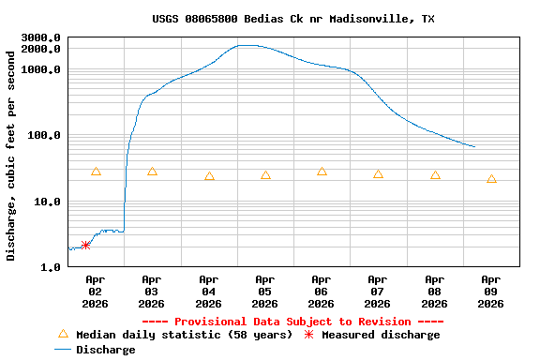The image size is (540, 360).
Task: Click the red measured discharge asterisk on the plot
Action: pyautogui.click(x=85, y=245)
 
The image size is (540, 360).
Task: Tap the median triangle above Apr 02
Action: pyautogui.click(x=96, y=172)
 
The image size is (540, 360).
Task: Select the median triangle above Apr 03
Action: pyautogui.click(x=152, y=172)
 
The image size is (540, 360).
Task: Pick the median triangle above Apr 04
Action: pyautogui.click(x=209, y=176)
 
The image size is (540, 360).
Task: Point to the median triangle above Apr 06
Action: pyautogui.click(x=322, y=172)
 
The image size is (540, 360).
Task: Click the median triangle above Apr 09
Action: pyautogui.click(x=491, y=179)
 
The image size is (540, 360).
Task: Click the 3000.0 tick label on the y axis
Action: pyautogui.click(x=41, y=38)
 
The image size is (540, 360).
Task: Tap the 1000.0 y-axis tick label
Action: pyautogui.click(x=41, y=69)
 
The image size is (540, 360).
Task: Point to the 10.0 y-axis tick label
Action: pyautogui.click(x=48, y=202)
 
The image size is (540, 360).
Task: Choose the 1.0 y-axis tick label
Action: pyautogui.click(x=51, y=267)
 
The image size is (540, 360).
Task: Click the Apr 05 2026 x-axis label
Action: pyautogui.click(x=264, y=291)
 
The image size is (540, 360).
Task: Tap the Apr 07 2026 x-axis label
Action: pyautogui.click(x=378, y=291)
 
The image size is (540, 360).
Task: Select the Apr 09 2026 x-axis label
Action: pyautogui.click(x=490, y=291)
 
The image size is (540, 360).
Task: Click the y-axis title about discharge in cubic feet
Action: pyautogui.click(x=11, y=156)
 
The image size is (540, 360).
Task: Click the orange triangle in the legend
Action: pyautogui.click(x=63, y=334)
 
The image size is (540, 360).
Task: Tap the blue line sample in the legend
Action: pyautogui.click(x=63, y=350)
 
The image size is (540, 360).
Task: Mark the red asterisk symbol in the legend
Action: pyautogui.click(x=309, y=335)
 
